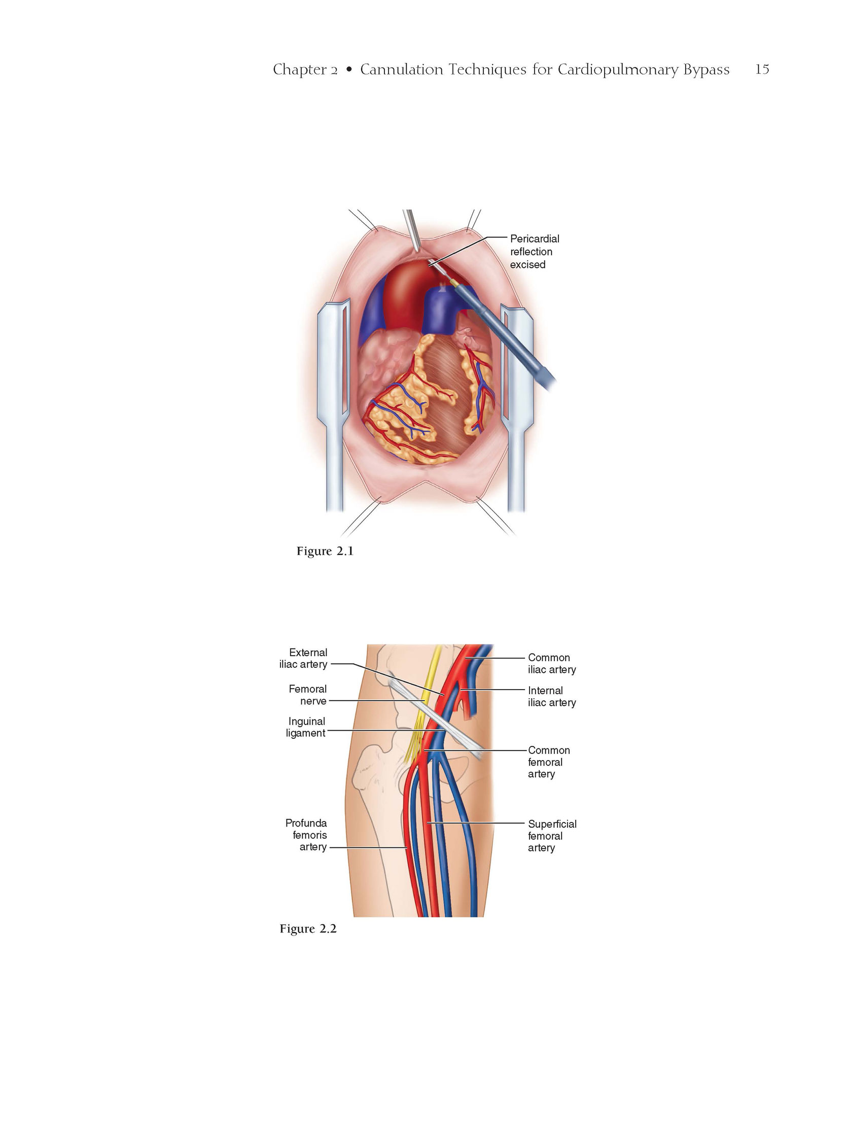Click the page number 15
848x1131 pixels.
click(762, 69)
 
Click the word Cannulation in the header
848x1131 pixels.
click(401, 69)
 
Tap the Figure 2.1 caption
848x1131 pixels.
click(325, 551)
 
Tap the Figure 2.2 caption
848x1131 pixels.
click(308, 929)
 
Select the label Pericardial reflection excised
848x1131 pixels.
click(534, 252)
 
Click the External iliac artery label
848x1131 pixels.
click(303, 659)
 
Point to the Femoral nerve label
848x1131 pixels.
click(308, 695)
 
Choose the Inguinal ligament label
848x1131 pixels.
click(306, 727)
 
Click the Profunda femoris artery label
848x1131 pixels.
click(306, 835)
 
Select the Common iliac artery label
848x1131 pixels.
click(552, 664)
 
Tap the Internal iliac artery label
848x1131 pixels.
click(552, 696)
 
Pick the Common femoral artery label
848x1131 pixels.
click(549, 762)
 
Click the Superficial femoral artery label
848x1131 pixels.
click(552, 836)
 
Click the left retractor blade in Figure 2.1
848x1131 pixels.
click(333, 404)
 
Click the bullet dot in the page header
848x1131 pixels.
click(349, 70)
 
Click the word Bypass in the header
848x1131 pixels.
click(706, 70)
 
